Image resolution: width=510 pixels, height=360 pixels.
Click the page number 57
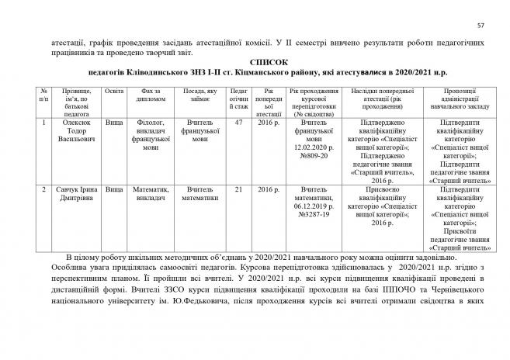click(x=481, y=26)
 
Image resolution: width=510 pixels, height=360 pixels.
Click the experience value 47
click(x=239, y=123)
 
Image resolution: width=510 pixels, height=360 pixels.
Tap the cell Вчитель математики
click(x=199, y=194)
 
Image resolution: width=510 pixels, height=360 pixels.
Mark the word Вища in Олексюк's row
click(x=113, y=123)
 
